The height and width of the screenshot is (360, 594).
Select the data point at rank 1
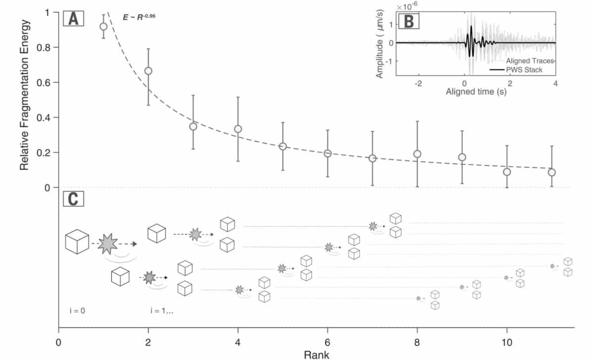[x=103, y=26]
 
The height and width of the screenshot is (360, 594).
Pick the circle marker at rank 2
[x=148, y=71]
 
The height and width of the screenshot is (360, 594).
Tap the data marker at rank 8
[x=417, y=154]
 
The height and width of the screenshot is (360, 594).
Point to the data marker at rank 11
[x=551, y=172]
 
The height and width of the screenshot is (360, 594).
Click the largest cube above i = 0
[x=77, y=242]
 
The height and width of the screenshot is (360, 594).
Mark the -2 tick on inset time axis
[x=418, y=83]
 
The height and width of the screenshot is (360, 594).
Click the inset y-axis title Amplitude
[x=380, y=45]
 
